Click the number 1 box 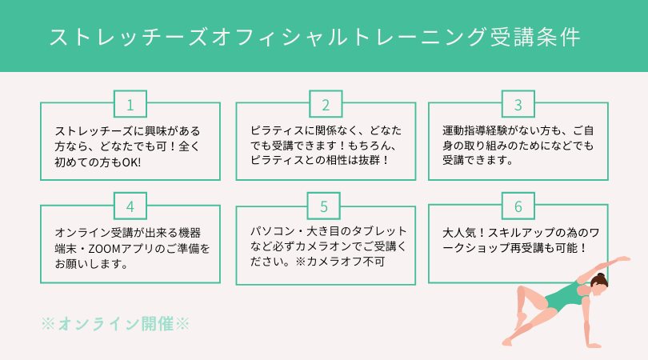click(130, 104)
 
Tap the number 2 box click(326, 104)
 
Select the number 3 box click(518, 104)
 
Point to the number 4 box click(130, 206)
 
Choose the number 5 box click(323, 206)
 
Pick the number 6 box click(518, 206)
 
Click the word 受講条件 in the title click(535, 37)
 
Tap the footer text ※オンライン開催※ click(115, 324)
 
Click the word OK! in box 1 click(131, 162)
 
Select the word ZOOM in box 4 click(104, 249)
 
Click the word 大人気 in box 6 click(459, 233)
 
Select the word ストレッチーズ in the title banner click(128, 37)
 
